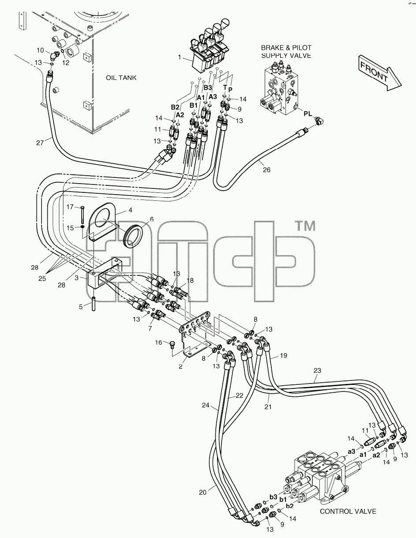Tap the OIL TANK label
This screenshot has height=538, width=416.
click(x=121, y=78)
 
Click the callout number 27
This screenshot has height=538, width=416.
click(x=40, y=143)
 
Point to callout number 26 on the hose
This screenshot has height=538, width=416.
click(x=266, y=169)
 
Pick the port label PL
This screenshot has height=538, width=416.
click(x=308, y=113)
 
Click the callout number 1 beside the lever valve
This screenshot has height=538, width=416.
click(x=180, y=57)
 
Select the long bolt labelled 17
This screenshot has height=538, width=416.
click(x=82, y=216)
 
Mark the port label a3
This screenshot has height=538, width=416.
click(x=352, y=451)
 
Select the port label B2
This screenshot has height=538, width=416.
click(x=175, y=107)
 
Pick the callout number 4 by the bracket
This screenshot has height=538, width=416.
click(x=131, y=210)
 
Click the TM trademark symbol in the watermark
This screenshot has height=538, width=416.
click(x=306, y=226)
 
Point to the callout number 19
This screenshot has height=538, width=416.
click(x=283, y=356)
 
